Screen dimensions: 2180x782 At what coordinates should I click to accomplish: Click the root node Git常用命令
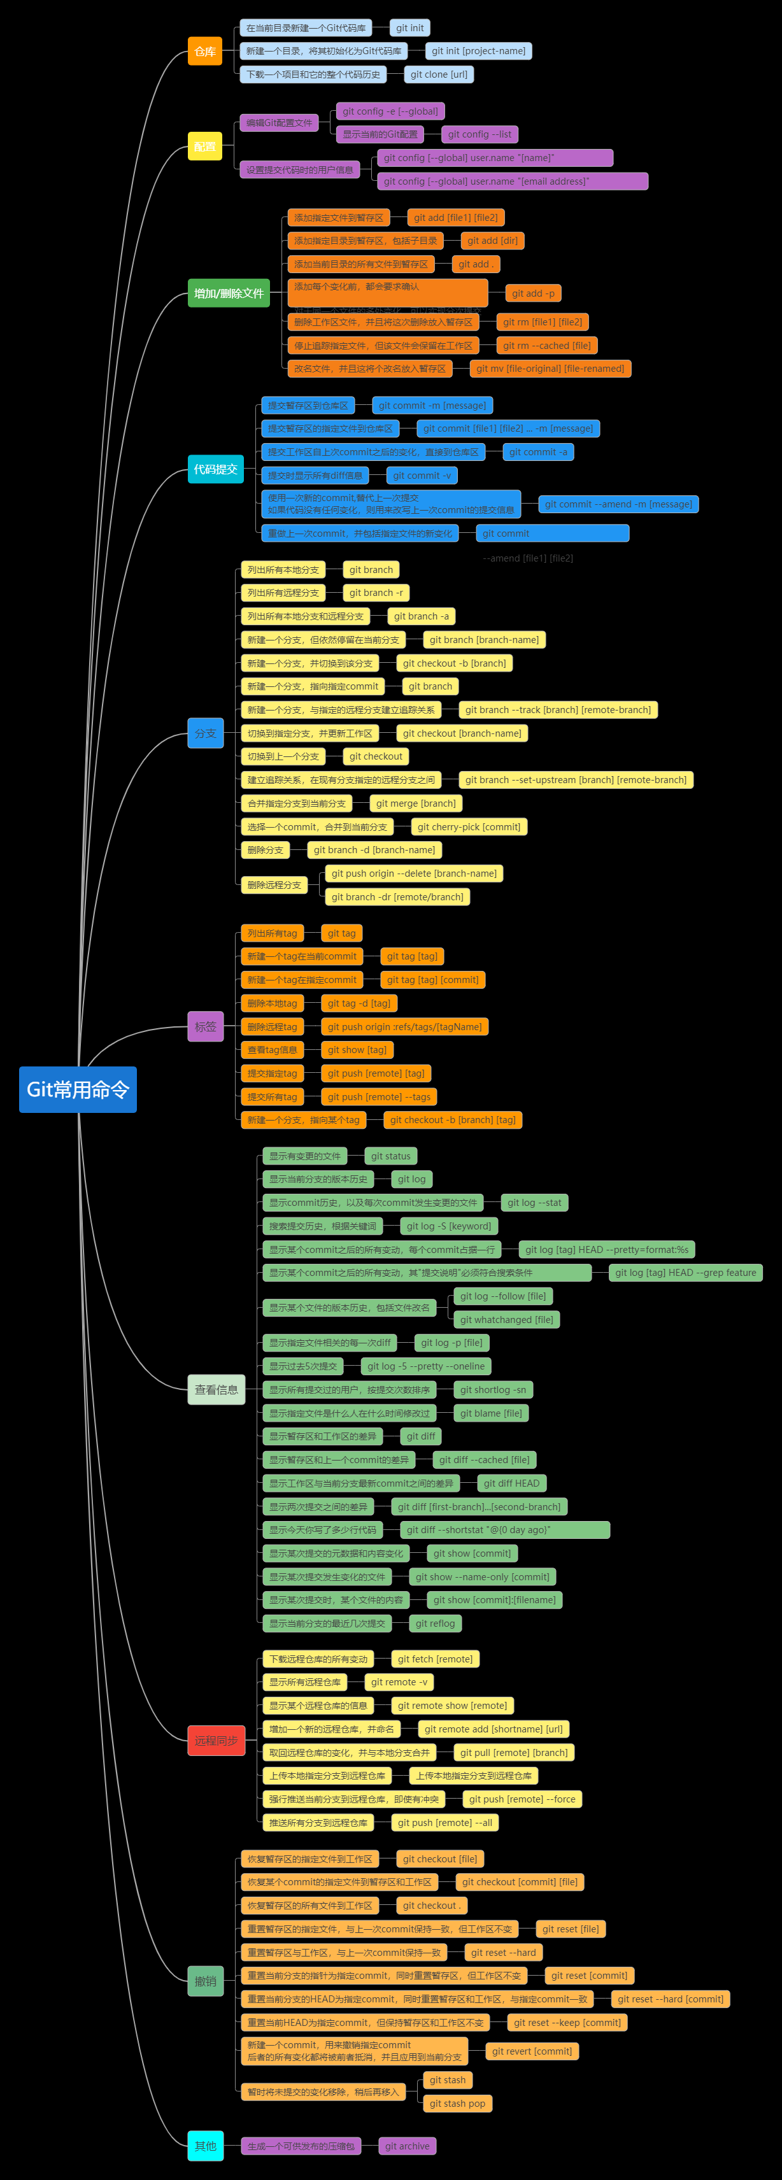[78, 1089]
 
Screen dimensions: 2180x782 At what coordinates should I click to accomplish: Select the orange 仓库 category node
[205, 52]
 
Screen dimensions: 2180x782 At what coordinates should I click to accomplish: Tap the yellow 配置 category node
[205, 146]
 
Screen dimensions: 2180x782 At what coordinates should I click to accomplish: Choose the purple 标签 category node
[206, 1026]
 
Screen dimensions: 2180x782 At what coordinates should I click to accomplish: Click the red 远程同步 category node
[216, 1740]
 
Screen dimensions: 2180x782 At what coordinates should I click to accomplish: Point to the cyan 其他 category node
[206, 2146]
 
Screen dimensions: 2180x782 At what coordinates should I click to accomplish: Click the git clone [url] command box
[438, 74]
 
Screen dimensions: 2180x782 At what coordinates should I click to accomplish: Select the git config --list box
[479, 134]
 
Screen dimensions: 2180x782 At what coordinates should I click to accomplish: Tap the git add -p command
[533, 294]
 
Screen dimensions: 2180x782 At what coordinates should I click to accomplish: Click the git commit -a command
[538, 453]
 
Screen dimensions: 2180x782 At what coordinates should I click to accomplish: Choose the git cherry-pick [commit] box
[469, 827]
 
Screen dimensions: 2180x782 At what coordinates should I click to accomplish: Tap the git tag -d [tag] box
[359, 1003]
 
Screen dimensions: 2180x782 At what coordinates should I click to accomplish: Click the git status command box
[390, 1156]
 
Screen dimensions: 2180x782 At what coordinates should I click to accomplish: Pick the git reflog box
[435, 1623]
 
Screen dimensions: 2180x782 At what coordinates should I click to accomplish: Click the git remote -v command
[399, 1682]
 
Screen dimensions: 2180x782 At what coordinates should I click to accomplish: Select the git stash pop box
[457, 2103]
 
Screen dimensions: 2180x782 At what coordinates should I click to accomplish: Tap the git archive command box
[407, 2146]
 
